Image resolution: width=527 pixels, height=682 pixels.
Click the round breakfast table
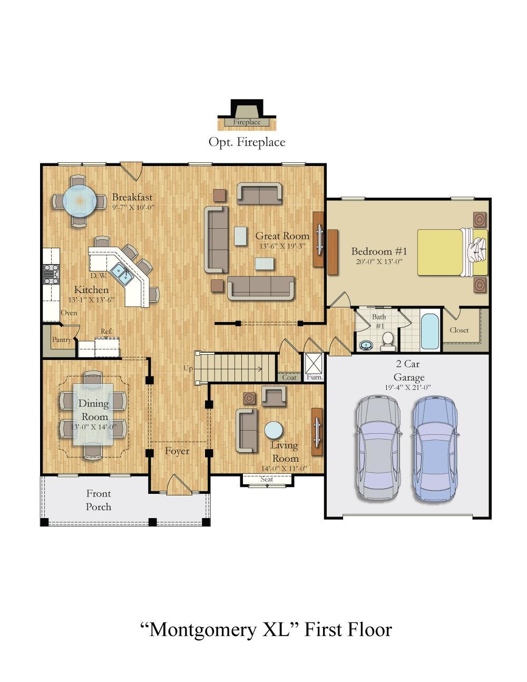point(80,200)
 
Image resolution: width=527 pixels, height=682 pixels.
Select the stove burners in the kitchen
point(51,274)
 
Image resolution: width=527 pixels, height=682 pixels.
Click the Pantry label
point(62,339)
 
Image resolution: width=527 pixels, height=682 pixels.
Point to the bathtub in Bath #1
point(430,331)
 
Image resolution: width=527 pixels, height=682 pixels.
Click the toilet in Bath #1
point(388,342)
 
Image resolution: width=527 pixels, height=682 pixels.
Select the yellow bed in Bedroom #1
point(452,252)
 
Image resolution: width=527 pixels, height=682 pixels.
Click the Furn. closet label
point(315,377)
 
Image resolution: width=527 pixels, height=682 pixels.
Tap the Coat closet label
point(289,377)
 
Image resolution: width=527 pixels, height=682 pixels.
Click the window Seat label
point(267,479)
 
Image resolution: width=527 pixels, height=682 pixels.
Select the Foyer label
point(177,451)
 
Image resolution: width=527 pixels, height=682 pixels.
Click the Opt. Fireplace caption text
point(247,142)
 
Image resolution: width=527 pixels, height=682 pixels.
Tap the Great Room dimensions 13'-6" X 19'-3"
point(282,246)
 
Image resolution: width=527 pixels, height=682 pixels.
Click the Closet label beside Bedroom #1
point(459,330)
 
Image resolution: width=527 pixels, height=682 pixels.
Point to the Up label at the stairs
point(188,368)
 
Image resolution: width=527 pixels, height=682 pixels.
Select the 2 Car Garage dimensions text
point(407,387)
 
